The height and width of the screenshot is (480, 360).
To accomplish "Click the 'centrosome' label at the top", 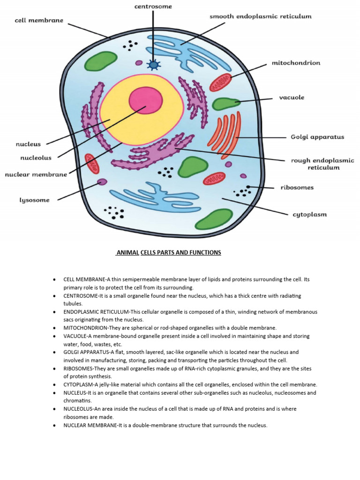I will click(152, 7).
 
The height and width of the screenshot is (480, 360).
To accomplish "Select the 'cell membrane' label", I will click(39, 21).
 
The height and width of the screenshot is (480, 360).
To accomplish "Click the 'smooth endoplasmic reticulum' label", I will click(260, 16).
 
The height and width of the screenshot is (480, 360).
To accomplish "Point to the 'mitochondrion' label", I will click(296, 62).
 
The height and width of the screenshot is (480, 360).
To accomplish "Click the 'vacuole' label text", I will click(291, 97).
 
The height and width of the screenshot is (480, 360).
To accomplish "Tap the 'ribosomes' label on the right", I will click(297, 187).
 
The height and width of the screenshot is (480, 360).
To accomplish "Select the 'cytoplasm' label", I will click(309, 215).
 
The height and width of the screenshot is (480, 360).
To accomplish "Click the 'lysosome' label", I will click(34, 200).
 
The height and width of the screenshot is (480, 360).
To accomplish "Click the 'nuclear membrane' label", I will click(36, 174).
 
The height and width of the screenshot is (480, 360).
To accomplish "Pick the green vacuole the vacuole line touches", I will click(225, 104).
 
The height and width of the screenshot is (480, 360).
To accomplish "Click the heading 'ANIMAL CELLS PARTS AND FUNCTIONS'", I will click(168, 253).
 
